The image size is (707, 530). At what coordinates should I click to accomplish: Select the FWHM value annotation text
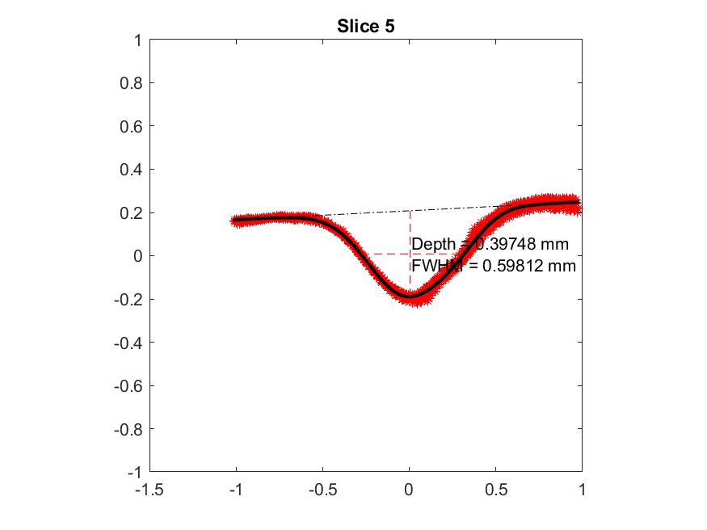(494, 265)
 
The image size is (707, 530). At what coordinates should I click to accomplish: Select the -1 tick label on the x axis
(236, 489)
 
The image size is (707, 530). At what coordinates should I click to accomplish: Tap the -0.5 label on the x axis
(322, 489)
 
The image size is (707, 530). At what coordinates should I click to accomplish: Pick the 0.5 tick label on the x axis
(495, 489)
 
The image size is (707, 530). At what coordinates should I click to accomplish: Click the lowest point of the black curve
(410, 297)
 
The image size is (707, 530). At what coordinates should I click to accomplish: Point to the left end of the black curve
(234, 220)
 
